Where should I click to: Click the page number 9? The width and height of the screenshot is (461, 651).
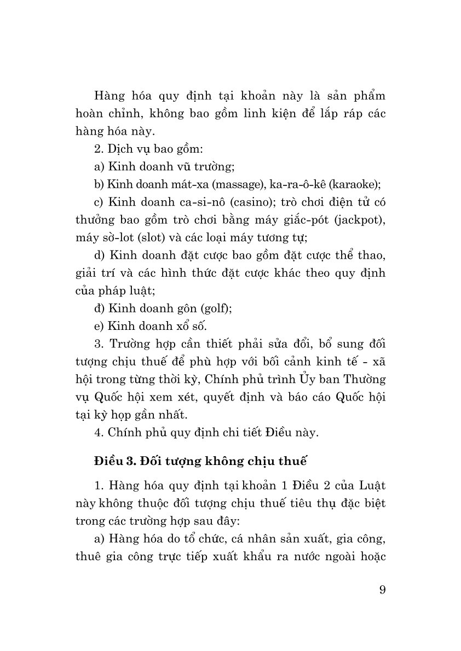coord(382,590)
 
